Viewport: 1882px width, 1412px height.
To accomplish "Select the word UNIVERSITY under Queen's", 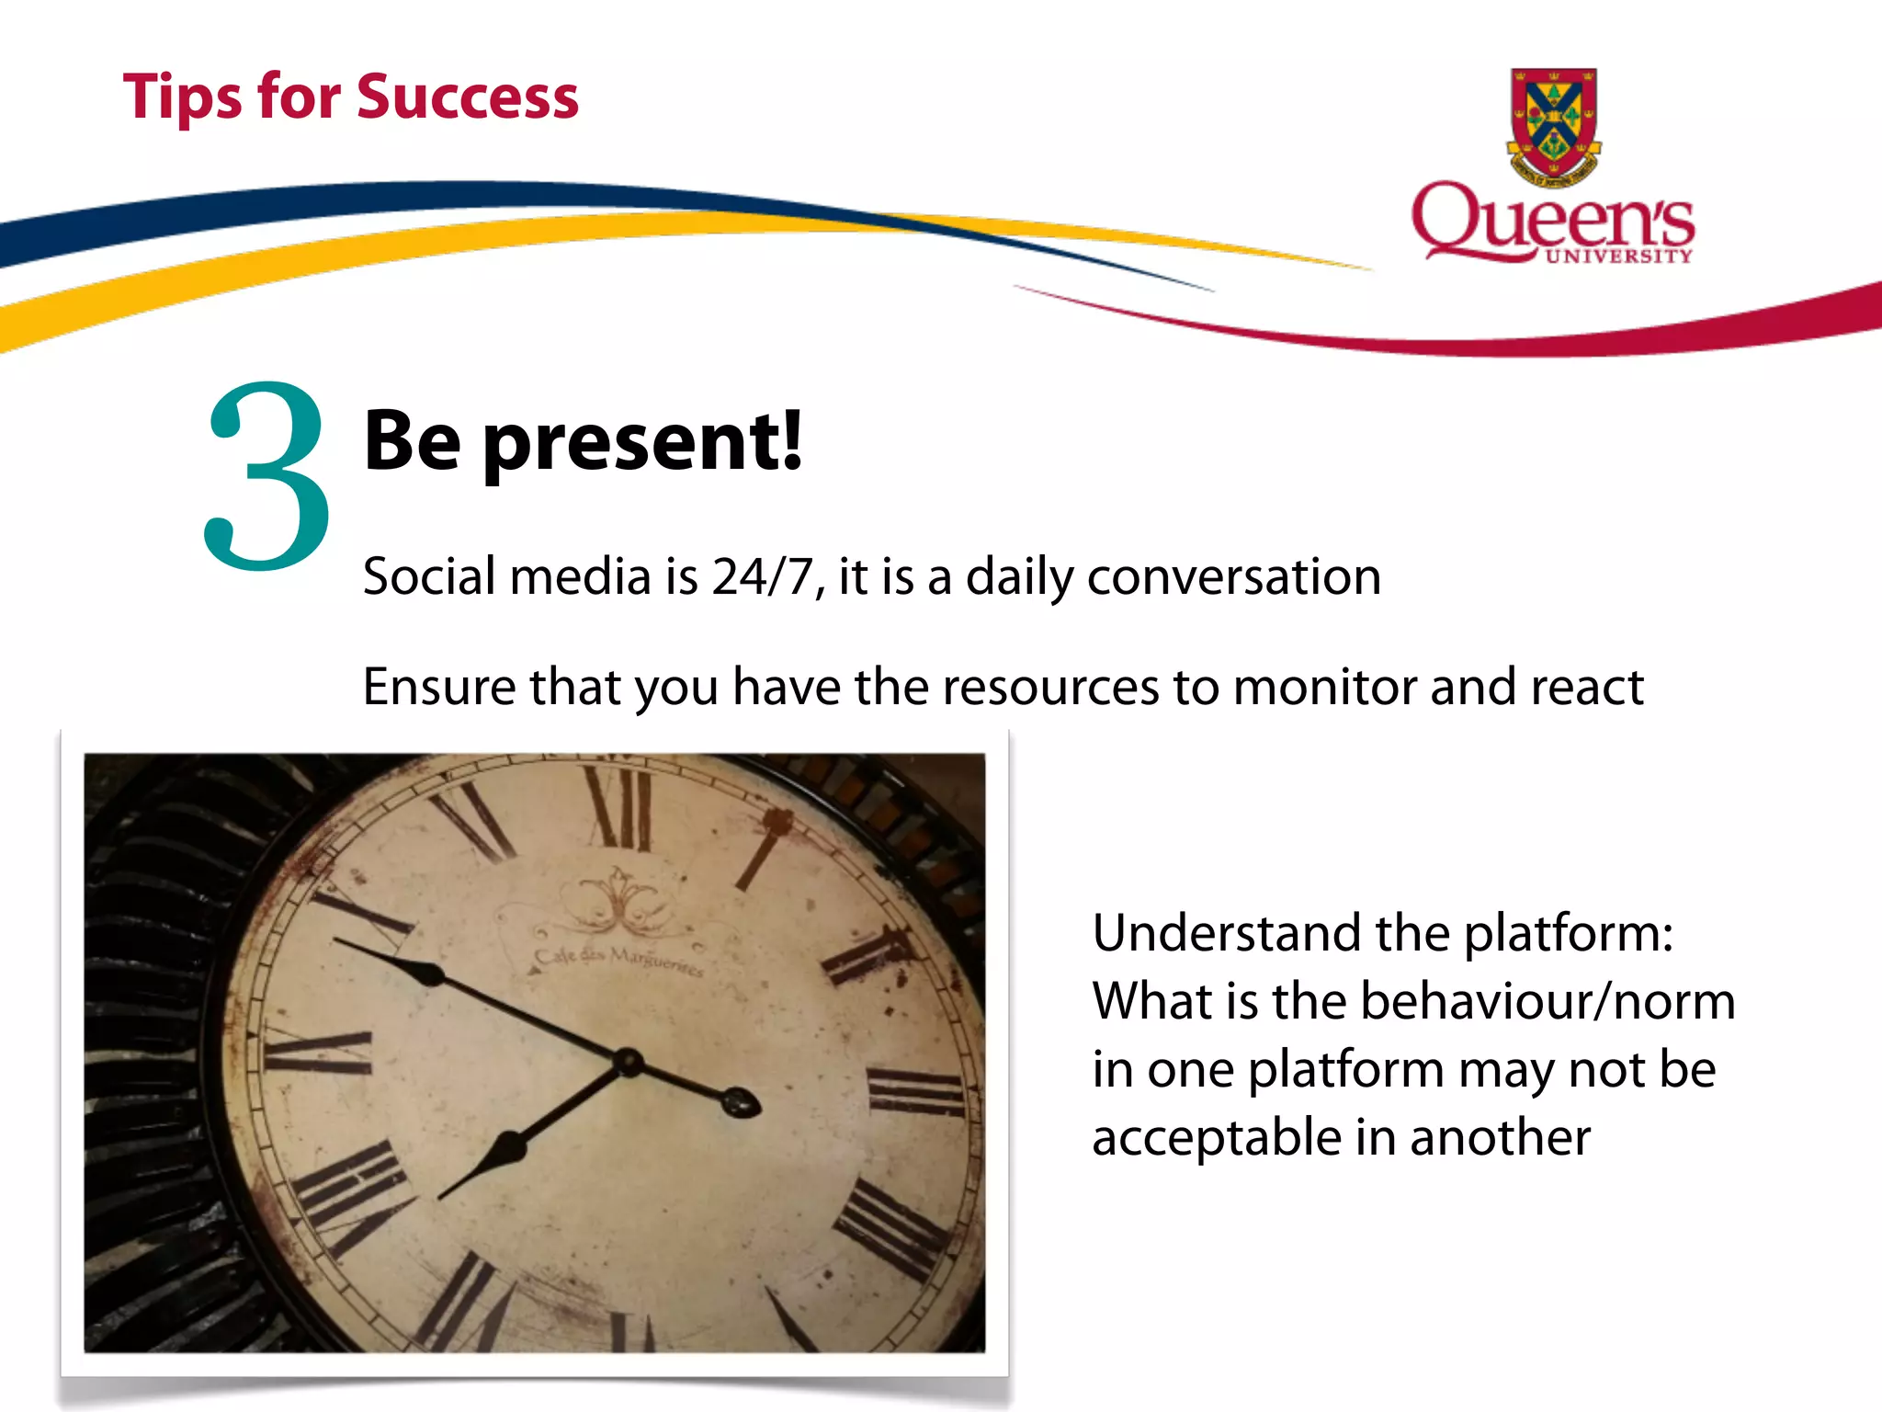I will coord(1618,256).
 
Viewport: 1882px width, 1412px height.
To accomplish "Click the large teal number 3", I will coord(266,476).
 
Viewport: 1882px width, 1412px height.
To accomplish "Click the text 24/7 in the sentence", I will coord(762,577).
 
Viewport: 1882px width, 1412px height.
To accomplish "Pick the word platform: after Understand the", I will coord(1568,934).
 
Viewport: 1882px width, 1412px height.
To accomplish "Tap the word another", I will coord(1500,1138).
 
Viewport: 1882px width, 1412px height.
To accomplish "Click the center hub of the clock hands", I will coord(629,1062).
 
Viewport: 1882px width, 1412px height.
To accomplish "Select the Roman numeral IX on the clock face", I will coord(318,1053).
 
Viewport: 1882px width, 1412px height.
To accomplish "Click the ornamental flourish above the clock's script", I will coord(618,901).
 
